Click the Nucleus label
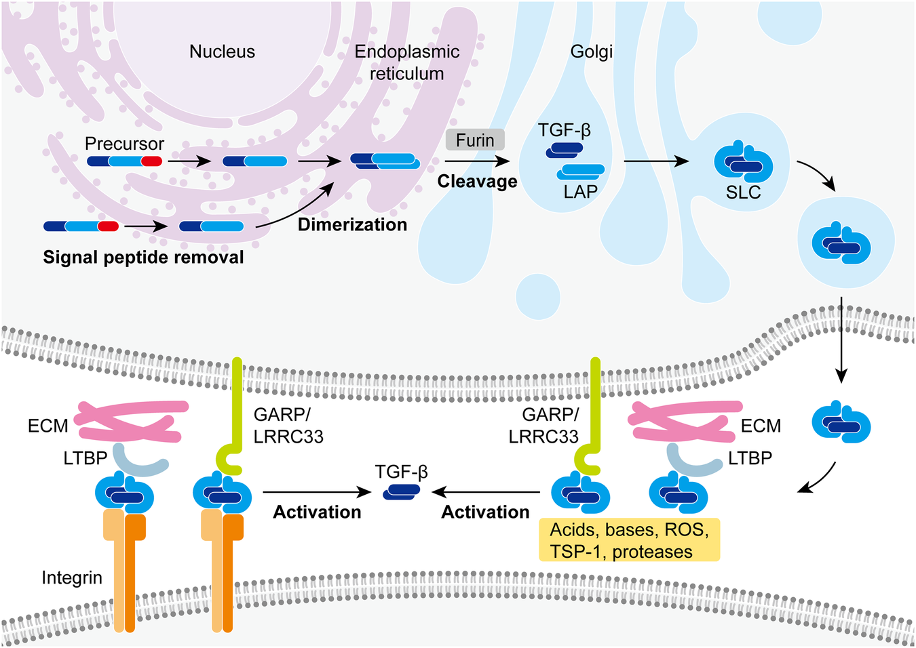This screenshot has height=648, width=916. [222, 52]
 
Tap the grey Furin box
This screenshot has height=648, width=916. [475, 140]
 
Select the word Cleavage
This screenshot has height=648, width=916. [477, 181]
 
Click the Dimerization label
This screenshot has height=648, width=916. [352, 224]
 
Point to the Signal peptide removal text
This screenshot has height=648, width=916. [143, 258]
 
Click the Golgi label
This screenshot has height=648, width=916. [591, 52]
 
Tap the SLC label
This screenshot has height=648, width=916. [743, 193]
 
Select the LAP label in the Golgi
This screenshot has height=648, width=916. [580, 192]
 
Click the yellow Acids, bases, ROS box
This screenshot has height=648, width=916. [630, 540]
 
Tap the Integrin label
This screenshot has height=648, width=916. [72, 578]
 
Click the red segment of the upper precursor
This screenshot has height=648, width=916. [152, 161]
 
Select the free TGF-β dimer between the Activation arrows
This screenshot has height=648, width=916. [402, 492]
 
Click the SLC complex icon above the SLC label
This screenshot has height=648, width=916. [744, 161]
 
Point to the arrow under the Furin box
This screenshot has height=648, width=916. [477, 161]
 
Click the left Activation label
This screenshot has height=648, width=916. [317, 512]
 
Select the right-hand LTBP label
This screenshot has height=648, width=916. [750, 458]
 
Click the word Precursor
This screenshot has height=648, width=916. [124, 144]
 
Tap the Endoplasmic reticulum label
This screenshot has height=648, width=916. [407, 62]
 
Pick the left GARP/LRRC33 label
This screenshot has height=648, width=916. [288, 426]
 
